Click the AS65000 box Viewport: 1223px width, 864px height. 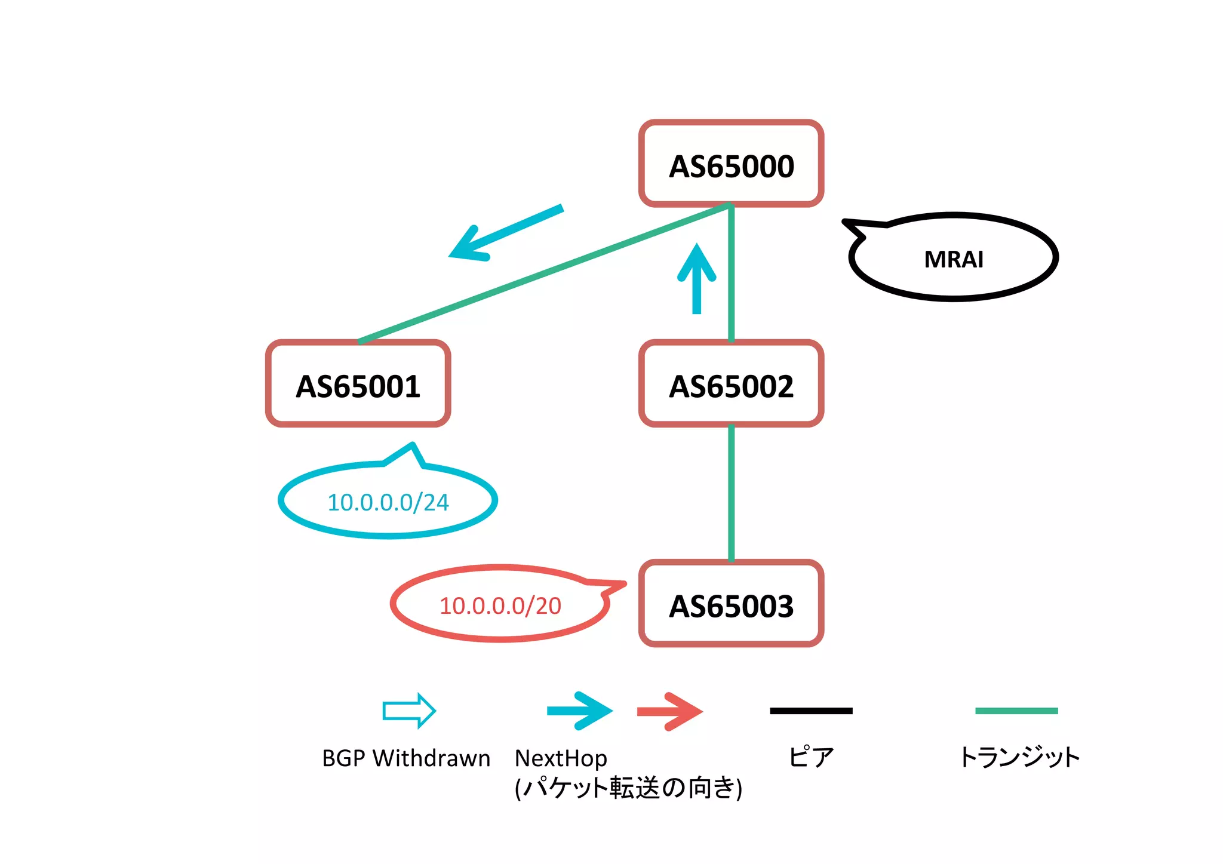pyautogui.click(x=731, y=164)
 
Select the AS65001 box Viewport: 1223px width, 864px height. pyautogui.click(x=358, y=384)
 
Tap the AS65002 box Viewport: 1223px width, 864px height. pyautogui.click(x=731, y=384)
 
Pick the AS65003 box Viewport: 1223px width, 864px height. pyautogui.click(x=731, y=604)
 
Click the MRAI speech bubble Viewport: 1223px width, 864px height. pyautogui.click(x=953, y=258)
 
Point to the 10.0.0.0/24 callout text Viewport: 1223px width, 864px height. pyautogui.click(x=388, y=502)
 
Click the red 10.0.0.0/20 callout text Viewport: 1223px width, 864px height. pyautogui.click(x=500, y=605)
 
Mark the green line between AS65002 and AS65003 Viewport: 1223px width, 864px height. pyautogui.click(x=731, y=493)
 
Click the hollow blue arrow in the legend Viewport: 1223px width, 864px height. pyautogui.click(x=409, y=711)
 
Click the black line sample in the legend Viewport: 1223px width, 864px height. pyautogui.click(x=811, y=711)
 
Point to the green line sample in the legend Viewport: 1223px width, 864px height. pyautogui.click(x=1016, y=711)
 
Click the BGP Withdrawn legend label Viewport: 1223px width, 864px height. pyautogui.click(x=405, y=758)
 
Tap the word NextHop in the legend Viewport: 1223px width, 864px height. pyautogui.click(x=560, y=758)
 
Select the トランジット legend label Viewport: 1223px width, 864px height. pyautogui.click(x=1019, y=757)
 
